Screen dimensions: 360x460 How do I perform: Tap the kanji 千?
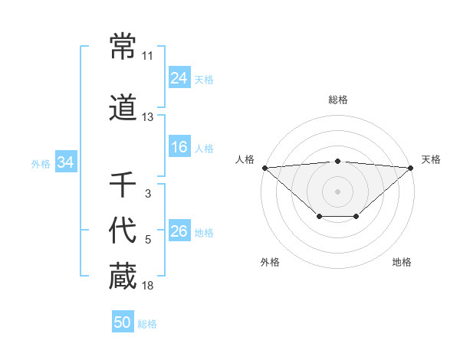click(123, 184)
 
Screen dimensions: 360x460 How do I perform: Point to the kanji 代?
click(123, 231)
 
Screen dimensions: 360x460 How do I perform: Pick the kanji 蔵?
click(123, 276)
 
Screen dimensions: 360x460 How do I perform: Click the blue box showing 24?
click(179, 78)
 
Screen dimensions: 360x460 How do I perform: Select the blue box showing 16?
click(179, 147)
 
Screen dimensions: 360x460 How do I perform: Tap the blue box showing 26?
click(179, 231)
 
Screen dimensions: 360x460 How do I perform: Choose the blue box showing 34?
click(66, 162)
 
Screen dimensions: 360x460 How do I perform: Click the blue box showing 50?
click(123, 322)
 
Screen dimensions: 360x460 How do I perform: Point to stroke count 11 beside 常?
click(147, 56)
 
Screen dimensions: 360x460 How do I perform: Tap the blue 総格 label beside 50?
click(147, 324)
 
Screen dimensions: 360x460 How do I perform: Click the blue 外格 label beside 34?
click(41, 163)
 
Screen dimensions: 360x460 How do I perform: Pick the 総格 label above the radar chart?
click(338, 100)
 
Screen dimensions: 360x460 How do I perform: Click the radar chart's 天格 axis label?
click(431, 159)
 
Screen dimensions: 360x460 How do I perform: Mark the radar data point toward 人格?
click(264, 168)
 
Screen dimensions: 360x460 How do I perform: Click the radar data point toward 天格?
click(412, 168)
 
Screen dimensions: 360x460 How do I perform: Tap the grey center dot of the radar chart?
click(338, 191)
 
